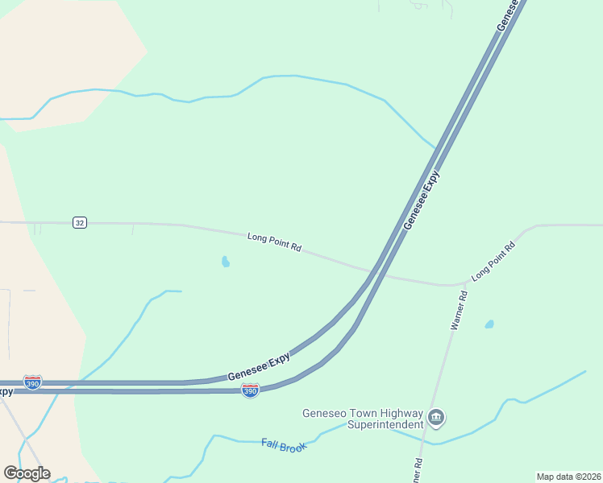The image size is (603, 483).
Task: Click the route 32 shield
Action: coord(79,222)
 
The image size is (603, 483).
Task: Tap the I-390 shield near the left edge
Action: coord(33,382)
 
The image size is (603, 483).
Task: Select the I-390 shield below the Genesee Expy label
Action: coord(250,390)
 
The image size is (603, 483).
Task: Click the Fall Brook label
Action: coord(285,445)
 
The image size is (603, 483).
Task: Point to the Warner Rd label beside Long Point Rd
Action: coord(459,310)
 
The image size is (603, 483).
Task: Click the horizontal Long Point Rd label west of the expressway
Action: coord(274,242)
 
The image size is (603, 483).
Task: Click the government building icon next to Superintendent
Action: coord(436,417)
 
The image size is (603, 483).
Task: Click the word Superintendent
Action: coord(385,424)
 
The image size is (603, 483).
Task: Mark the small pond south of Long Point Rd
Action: coord(226,262)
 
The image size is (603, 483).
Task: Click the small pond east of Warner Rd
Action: coord(489,324)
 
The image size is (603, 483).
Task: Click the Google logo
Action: coord(27,473)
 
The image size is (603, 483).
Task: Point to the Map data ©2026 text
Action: coord(568,477)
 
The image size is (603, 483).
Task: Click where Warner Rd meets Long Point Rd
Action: coord(466,283)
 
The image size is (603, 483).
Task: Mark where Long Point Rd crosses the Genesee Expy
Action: coord(377,272)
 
